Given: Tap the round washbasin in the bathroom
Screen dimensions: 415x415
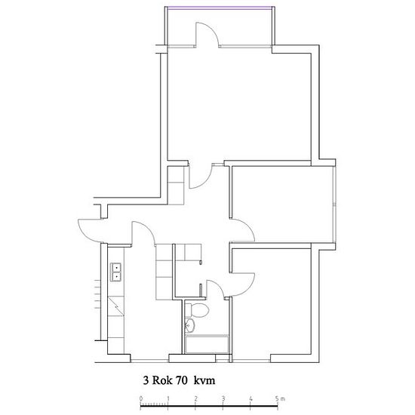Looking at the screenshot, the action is tap(189, 324).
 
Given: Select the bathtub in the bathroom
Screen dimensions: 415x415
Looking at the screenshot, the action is tap(207, 344).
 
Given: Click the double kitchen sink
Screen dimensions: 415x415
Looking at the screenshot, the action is tap(115, 272).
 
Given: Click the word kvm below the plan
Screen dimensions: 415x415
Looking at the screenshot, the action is tap(204, 381).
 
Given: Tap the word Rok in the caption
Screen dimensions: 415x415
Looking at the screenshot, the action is tap(161, 380).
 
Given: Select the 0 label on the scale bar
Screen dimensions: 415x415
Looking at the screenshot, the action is tap(141, 398).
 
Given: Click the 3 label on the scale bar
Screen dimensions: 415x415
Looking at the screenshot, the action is tap(223, 398).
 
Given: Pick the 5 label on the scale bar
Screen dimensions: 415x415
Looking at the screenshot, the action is tap(277, 398).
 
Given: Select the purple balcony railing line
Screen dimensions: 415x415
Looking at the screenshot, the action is tap(220, 8).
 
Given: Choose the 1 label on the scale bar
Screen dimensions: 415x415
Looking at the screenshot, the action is tap(168, 398).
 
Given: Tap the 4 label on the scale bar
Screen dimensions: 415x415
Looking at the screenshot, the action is tap(251, 398).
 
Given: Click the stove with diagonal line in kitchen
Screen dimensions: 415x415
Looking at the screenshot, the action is tap(116, 306).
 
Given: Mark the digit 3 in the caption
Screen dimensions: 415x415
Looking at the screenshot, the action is tap(146, 380).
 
